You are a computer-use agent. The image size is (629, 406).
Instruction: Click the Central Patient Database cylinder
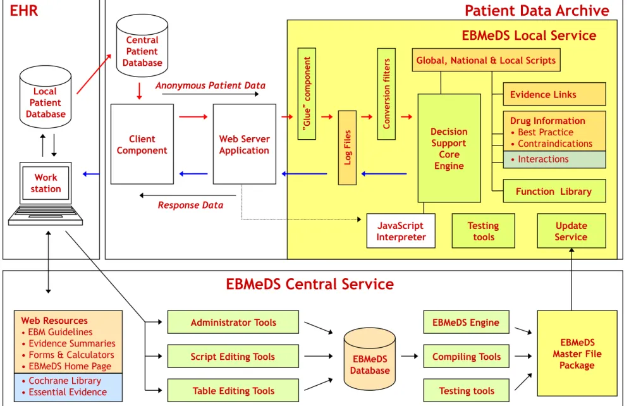tap(142, 46)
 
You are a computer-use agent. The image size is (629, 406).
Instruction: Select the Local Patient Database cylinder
tap(46, 97)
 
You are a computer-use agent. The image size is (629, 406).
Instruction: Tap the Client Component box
tap(142, 144)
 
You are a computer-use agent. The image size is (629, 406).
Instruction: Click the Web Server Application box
tap(244, 144)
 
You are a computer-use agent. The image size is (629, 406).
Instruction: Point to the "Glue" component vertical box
tap(307, 94)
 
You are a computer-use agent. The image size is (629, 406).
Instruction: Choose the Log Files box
tap(348, 147)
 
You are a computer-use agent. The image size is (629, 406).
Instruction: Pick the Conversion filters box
tap(386, 94)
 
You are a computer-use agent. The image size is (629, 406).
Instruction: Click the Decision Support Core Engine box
tap(449, 149)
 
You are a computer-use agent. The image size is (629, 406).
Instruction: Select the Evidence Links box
tap(554, 94)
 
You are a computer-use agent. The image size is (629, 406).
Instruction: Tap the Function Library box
tap(554, 191)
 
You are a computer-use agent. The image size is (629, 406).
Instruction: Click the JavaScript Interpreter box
tap(401, 231)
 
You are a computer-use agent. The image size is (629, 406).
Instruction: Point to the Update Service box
tap(571, 231)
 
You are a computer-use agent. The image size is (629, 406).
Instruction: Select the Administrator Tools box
tap(233, 322)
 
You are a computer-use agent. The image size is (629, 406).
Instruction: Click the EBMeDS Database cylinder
tap(370, 359)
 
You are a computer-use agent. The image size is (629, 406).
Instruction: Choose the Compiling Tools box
tap(466, 356)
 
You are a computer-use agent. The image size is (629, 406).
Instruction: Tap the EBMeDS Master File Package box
tap(577, 354)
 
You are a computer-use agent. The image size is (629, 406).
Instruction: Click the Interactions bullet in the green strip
tap(540, 159)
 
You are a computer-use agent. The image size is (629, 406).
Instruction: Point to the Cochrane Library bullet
tap(62, 380)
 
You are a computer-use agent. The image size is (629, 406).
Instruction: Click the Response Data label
tap(190, 205)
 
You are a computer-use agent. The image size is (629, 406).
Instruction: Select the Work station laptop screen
tap(46, 183)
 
